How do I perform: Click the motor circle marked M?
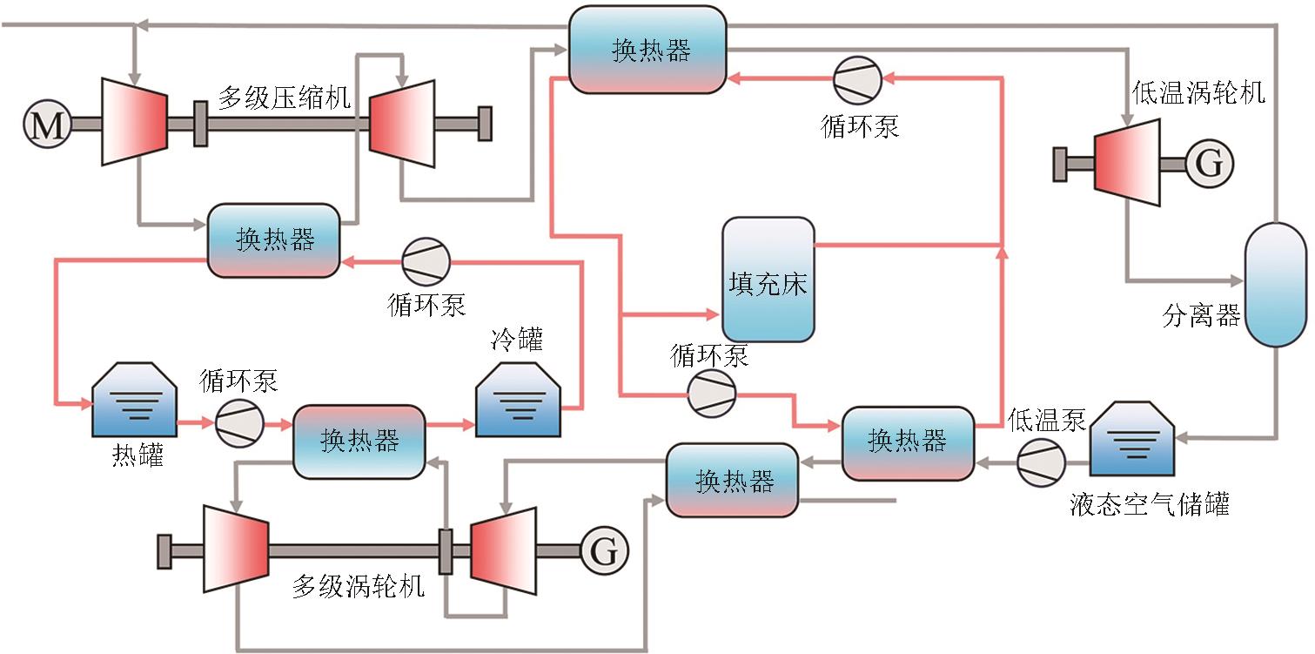pyautogui.click(x=47, y=125)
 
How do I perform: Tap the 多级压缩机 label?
pyautogui.click(x=284, y=98)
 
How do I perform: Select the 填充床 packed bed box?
pyautogui.click(x=768, y=280)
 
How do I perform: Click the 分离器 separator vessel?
pyautogui.click(x=1275, y=285)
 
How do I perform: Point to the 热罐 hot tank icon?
pyautogui.click(x=136, y=400)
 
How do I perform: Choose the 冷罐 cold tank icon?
pyautogui.click(x=519, y=400)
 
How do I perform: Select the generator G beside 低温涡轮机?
pyautogui.click(x=1209, y=163)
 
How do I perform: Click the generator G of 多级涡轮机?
pyautogui.click(x=604, y=549)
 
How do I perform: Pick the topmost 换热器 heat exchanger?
pyautogui.click(x=647, y=50)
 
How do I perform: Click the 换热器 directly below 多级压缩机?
pyautogui.click(x=273, y=240)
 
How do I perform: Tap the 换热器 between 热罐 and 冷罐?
pyautogui.click(x=359, y=442)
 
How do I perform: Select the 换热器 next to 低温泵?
pyautogui.click(x=908, y=442)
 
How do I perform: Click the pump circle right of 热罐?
pyautogui.click(x=239, y=424)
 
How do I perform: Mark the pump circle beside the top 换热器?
pyautogui.click(x=858, y=79)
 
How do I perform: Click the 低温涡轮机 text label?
pyautogui.click(x=1198, y=91)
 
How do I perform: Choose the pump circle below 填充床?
pyautogui.click(x=712, y=394)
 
